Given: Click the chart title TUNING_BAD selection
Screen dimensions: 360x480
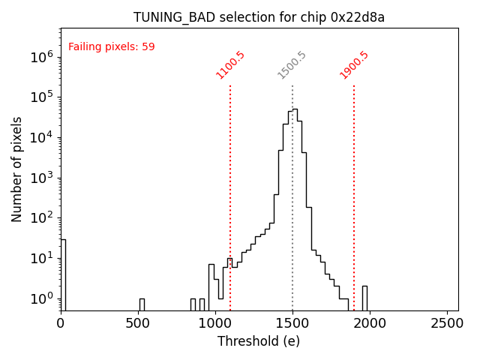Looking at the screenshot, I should pos(259,17).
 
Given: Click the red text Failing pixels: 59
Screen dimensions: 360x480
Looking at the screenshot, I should pos(111,47).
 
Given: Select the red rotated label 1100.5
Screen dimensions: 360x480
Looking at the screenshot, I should pos(230,65).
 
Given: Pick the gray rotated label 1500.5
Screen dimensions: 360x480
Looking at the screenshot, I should pos(292,65).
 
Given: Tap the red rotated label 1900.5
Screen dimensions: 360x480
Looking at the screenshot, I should pos(354,65).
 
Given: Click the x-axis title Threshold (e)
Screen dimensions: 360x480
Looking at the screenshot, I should pos(259,341).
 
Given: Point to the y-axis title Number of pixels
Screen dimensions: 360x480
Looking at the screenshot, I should pos(17,169).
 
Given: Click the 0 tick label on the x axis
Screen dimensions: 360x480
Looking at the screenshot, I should pos(61,323).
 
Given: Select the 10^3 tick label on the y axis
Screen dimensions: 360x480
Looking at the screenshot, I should pos(41,178).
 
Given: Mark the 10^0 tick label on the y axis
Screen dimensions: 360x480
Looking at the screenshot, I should pos(41,298).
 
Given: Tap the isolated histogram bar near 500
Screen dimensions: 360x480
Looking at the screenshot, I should pos(142,304).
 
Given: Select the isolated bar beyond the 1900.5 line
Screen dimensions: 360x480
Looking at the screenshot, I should pos(364,298).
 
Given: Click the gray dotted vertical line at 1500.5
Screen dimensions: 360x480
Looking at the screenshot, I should pos(292,225).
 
